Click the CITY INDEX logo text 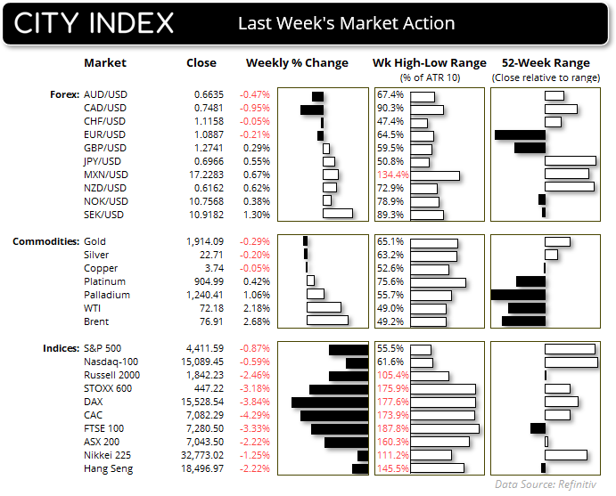(94, 23)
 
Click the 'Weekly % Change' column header (297, 63)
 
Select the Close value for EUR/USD (209, 134)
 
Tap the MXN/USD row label (106, 175)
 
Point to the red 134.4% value (393, 175)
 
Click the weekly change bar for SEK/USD (338, 214)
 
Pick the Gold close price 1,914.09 (205, 241)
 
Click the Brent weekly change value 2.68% (257, 321)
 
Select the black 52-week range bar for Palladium (518, 295)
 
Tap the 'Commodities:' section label (46, 241)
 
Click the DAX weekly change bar (330, 402)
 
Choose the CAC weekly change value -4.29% (255, 415)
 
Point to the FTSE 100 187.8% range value (393, 428)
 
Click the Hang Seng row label (109, 468)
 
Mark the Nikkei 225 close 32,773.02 (202, 455)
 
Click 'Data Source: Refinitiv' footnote (546, 484)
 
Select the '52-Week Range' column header (546, 63)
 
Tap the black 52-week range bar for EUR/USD (520, 135)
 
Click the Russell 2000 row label (112, 375)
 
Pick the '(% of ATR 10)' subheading (430, 77)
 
